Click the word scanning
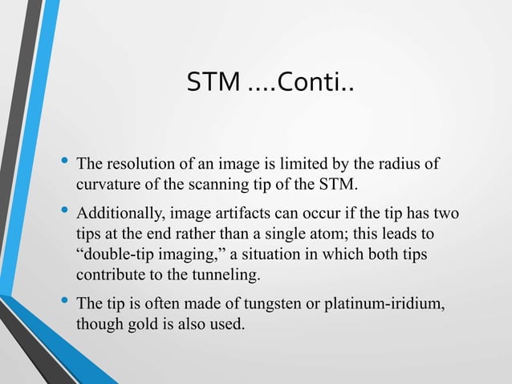[209, 186]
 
